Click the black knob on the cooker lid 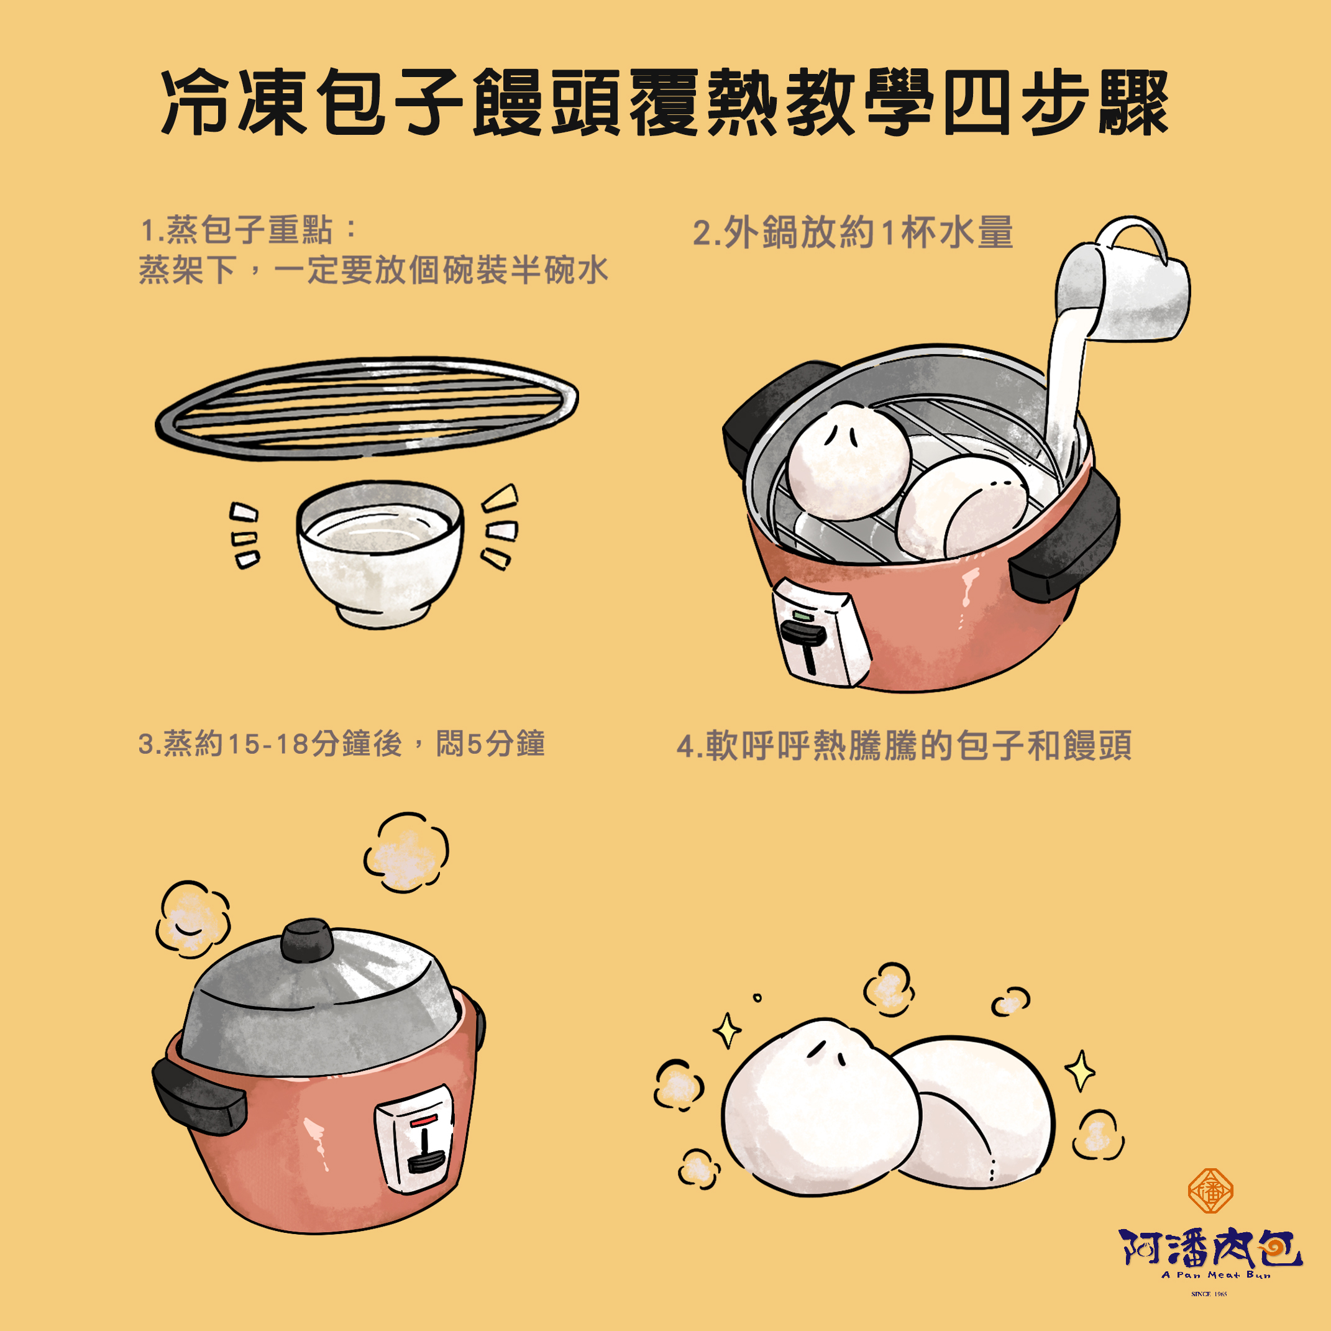coord(307,940)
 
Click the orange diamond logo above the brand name coord(1210,1190)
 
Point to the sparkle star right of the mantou coord(1079,1070)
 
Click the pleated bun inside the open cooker coord(848,462)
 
